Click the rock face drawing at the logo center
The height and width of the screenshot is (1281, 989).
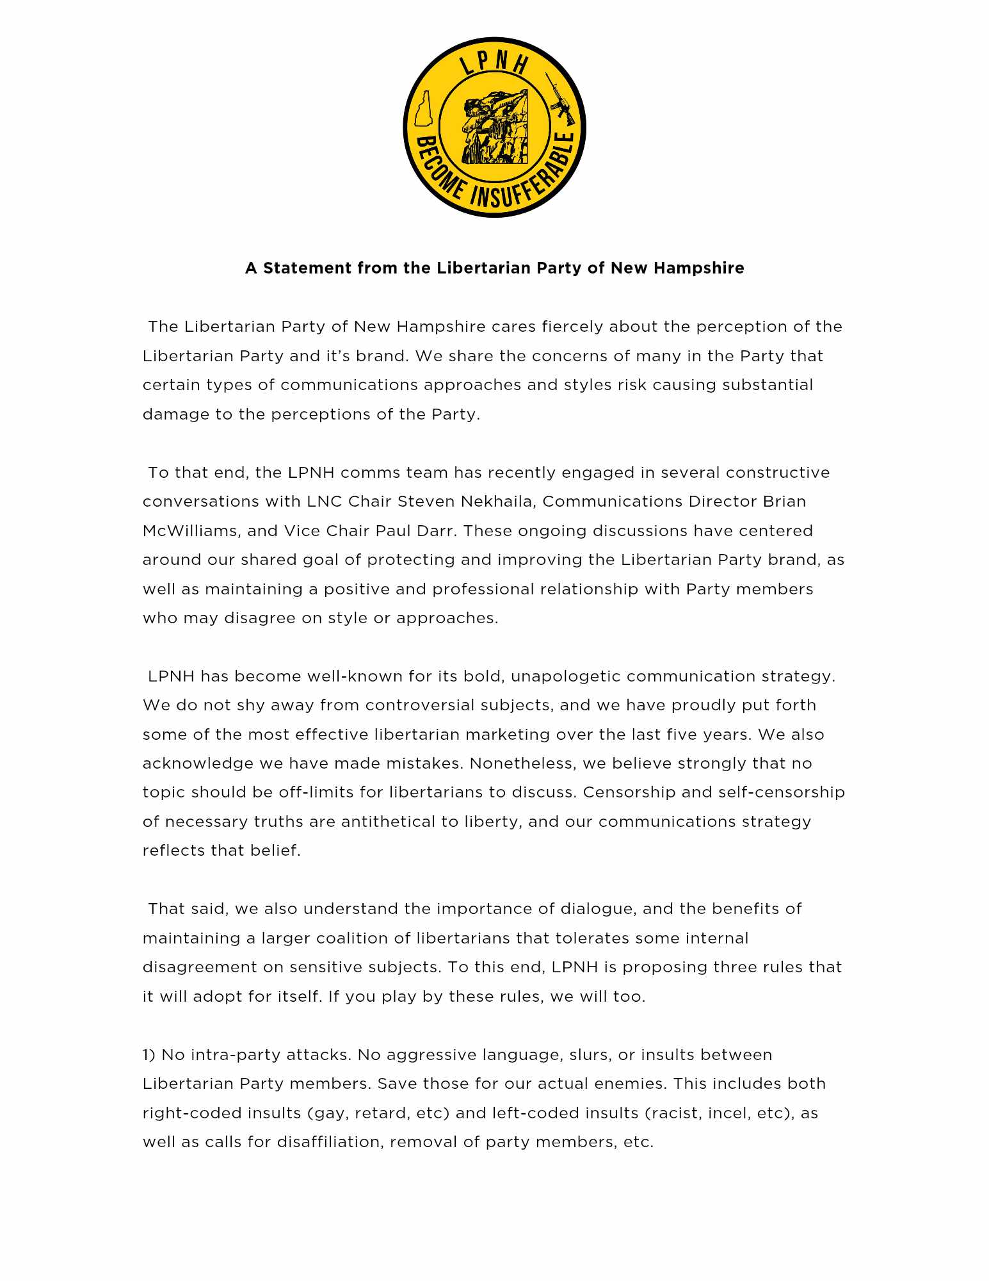494,126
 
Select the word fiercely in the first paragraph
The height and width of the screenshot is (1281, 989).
572,327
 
